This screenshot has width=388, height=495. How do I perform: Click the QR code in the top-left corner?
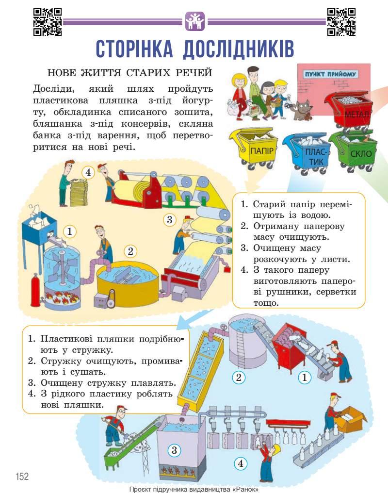pos(48,22)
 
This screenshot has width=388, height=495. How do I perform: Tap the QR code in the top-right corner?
pos(341,22)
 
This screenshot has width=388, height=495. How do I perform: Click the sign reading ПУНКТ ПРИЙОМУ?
pos(330,74)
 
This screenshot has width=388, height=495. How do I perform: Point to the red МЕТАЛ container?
pos(350,109)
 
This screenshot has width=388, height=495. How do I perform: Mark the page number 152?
pos(22,477)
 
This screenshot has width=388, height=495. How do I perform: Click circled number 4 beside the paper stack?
pos(88,172)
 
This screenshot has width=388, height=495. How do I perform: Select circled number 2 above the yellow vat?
pos(129,251)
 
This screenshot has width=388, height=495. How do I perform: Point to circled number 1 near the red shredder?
pos(305,377)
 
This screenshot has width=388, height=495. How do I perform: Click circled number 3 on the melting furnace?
pos(175,450)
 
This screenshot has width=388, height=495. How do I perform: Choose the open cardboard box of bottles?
pos(351,418)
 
